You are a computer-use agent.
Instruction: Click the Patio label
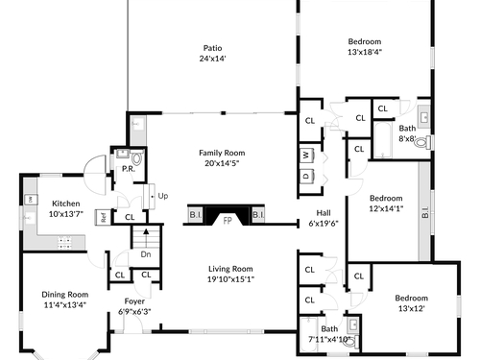212,48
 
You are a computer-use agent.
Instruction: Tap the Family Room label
222,153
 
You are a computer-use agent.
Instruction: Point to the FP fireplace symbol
228,221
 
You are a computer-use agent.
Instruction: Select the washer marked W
306,156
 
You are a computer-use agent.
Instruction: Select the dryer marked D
306,177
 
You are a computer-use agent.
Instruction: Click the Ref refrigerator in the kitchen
103,217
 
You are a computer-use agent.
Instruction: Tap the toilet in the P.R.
136,158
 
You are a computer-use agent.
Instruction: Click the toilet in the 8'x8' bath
422,142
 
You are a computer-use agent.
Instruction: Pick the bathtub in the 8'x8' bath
383,140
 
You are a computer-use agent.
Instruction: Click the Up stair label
163,196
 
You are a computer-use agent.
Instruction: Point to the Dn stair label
146,254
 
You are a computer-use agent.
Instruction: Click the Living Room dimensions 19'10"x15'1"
230,279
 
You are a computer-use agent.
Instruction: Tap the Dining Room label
65,295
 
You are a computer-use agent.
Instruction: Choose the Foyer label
134,301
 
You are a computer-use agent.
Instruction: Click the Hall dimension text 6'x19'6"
324,224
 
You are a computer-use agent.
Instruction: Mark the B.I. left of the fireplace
196,215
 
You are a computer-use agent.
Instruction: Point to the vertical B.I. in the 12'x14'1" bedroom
425,212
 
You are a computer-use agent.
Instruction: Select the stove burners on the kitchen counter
64,243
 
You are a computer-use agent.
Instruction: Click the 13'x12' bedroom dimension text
412,308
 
